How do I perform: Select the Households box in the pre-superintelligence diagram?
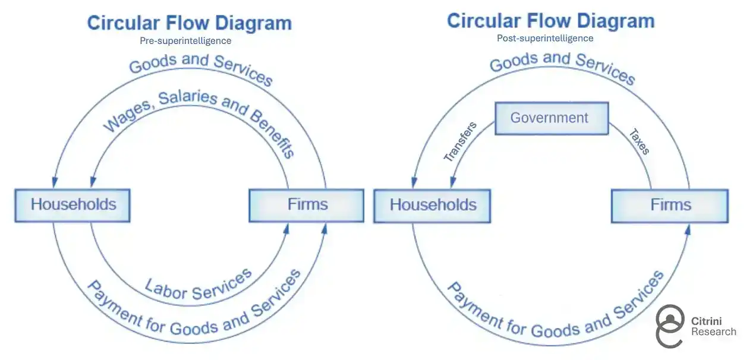(x=73, y=205)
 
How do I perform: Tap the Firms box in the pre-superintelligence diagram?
(x=306, y=205)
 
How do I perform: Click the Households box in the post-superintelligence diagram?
(x=432, y=206)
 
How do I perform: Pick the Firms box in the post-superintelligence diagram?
(x=670, y=206)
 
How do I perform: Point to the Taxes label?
(x=640, y=141)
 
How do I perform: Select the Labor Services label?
(x=199, y=285)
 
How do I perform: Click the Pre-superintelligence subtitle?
(x=185, y=41)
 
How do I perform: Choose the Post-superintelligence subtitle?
(x=545, y=38)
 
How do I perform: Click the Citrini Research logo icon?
(x=670, y=325)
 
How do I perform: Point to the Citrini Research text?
(x=713, y=326)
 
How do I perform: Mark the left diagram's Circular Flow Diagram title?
(x=189, y=23)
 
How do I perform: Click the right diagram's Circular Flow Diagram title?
(x=550, y=21)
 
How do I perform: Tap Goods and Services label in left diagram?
(x=201, y=68)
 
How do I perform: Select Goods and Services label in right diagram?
(x=562, y=66)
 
